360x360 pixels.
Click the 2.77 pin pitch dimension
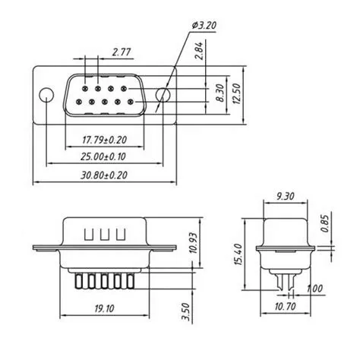[x=119, y=52]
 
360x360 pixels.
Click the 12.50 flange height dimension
[x=238, y=93]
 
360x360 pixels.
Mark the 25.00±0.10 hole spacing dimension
[x=104, y=156]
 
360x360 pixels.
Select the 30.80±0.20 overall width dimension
[x=104, y=175]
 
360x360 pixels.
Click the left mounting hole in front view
[x=47, y=96]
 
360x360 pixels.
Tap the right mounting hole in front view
[x=163, y=96]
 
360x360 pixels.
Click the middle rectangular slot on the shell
[x=104, y=232]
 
